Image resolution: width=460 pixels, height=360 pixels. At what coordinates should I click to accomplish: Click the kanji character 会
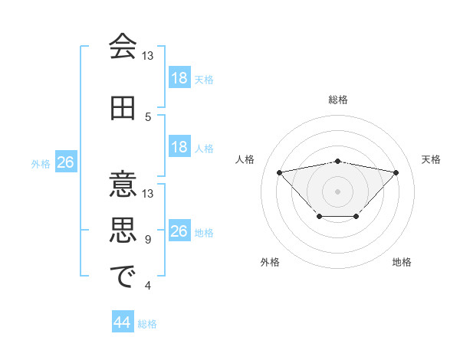123,47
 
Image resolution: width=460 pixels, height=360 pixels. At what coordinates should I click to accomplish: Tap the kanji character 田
123,108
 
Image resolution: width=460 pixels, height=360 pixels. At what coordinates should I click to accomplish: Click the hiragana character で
123,277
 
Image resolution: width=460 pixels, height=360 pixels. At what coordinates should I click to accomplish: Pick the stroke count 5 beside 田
149,117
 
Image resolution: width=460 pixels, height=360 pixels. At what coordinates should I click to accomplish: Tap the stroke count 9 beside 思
148,240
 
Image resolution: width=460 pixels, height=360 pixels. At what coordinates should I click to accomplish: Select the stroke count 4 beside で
148,286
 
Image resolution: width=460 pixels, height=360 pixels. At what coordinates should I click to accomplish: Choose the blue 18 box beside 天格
179,78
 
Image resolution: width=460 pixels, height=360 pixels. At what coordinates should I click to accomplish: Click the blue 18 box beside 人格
179,147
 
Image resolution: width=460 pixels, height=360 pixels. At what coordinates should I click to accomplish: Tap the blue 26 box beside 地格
179,231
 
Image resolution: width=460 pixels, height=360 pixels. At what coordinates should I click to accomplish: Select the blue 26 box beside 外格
65,162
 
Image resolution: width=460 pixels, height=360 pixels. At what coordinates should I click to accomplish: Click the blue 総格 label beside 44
147,324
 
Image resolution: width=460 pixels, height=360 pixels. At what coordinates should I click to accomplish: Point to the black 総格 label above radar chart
337,100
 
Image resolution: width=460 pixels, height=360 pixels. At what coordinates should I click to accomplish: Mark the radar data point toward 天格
396,172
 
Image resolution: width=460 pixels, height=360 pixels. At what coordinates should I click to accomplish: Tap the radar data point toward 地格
356,217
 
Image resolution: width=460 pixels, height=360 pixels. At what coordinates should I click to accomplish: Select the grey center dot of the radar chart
337,190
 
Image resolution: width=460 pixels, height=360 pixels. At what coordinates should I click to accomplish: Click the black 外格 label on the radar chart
270,262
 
